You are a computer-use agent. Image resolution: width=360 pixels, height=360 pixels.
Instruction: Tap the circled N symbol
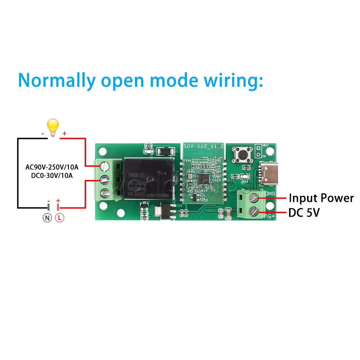[x=48, y=217]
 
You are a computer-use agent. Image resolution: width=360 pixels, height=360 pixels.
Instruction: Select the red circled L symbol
[x=59, y=217]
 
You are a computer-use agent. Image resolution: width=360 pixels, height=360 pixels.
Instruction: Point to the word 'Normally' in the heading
[x=57, y=80]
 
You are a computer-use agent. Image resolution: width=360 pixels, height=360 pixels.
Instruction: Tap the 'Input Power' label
[x=321, y=198]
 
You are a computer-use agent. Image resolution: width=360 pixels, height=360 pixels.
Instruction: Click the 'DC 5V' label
[x=304, y=213]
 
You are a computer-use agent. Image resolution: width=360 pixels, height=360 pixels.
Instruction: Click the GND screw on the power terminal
[x=254, y=198]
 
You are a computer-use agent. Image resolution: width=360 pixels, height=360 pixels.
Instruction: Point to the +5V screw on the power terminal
[x=254, y=212]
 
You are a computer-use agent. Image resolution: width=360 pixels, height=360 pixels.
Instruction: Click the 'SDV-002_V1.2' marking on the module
[x=203, y=147]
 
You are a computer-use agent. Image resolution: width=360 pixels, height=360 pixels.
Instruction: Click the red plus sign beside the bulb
[x=64, y=134]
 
